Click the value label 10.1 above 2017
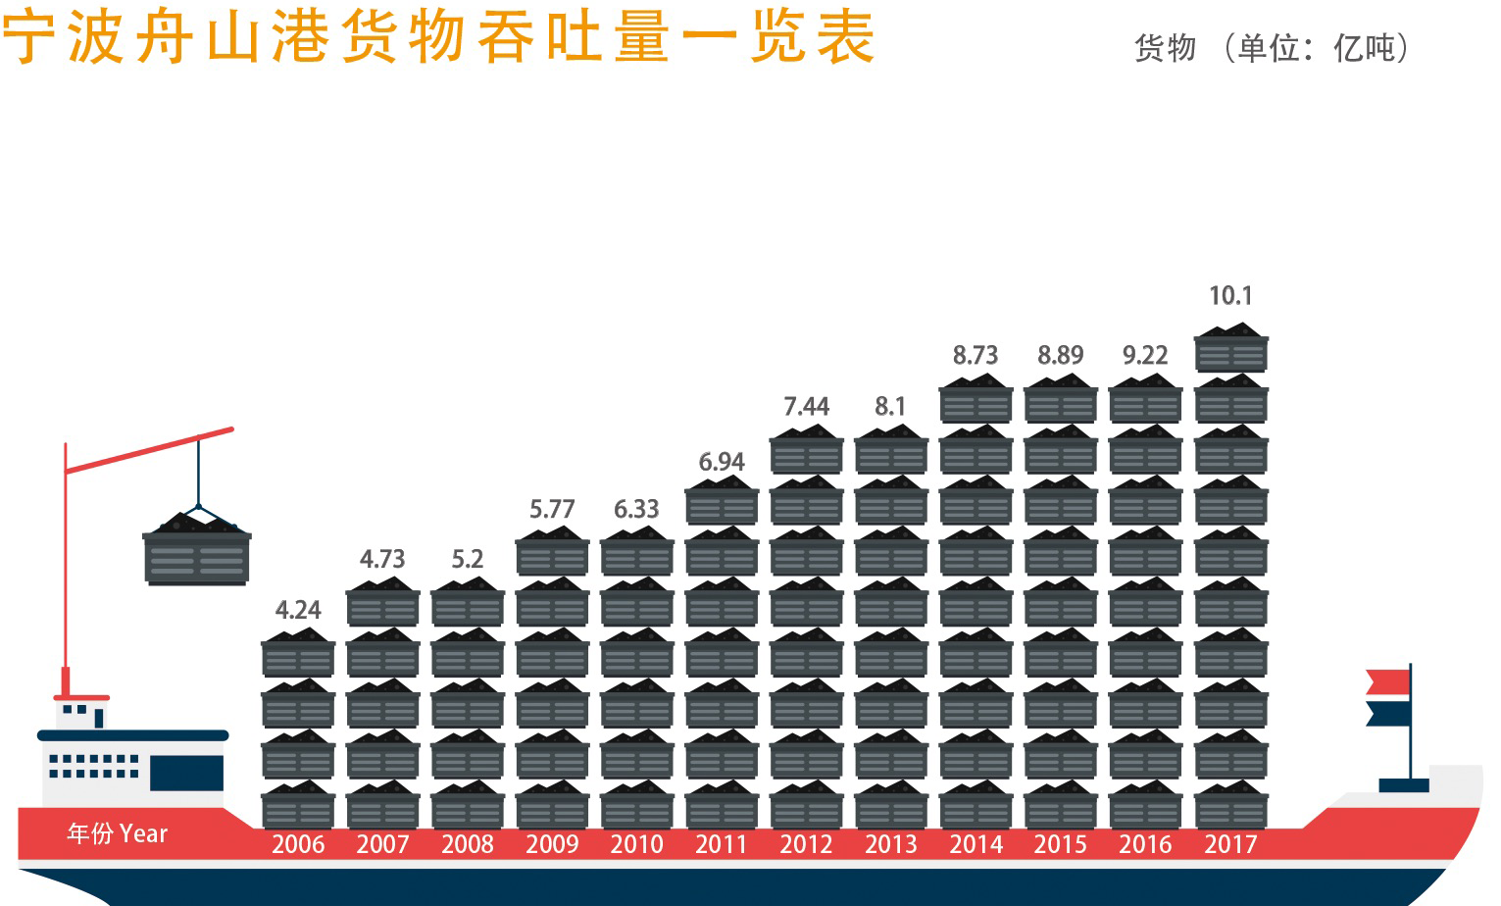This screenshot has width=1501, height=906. coord(1230,295)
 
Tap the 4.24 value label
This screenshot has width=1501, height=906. coord(298,610)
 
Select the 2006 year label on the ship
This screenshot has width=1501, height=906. coord(298,844)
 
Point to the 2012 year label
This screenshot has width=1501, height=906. coord(806,844)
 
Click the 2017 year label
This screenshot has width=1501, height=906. coord(1230,844)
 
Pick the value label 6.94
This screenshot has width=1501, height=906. coord(722,462)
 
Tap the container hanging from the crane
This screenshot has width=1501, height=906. coord(197,551)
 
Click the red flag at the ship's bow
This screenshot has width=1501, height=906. coord(1387,681)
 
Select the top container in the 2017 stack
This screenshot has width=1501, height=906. coord(1230,350)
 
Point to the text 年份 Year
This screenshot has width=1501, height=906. coord(118,834)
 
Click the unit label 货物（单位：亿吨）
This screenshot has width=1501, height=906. coord(1272,48)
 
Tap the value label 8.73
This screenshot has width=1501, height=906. coord(976,355)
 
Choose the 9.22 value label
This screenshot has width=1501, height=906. coord(1145,355)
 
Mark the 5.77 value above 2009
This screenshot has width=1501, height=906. coord(552,509)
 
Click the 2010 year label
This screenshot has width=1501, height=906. coord(636,844)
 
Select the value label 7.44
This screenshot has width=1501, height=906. coord(806,406)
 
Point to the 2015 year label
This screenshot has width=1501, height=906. coord(1060,844)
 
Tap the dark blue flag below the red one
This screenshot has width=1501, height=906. coord(1387,713)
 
